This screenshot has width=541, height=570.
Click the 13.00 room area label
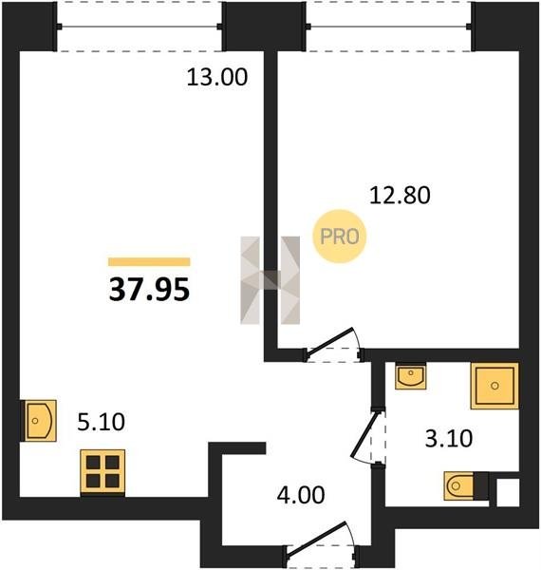(x=217, y=77)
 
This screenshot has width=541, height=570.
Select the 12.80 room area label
(x=400, y=195)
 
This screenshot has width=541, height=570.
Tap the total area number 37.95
(x=149, y=290)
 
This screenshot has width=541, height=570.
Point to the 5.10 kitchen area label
(x=101, y=422)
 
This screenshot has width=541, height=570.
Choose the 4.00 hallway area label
(x=301, y=495)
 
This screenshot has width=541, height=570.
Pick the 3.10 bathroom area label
(x=449, y=438)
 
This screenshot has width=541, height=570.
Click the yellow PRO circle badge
(x=340, y=237)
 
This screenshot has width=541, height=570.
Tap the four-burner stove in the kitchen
(x=103, y=472)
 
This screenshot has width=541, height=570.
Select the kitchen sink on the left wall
(x=39, y=421)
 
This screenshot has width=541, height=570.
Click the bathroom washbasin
(x=410, y=376)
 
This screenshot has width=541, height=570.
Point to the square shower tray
(x=494, y=386)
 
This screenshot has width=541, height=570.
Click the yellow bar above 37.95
(x=149, y=262)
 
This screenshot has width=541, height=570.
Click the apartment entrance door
(x=321, y=544)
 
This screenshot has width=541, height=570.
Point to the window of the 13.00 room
(x=140, y=27)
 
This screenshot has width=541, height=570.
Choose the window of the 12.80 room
(x=389, y=27)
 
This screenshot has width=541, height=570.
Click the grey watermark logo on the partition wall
(x=270, y=280)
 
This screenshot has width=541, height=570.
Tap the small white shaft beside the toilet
(x=508, y=492)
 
